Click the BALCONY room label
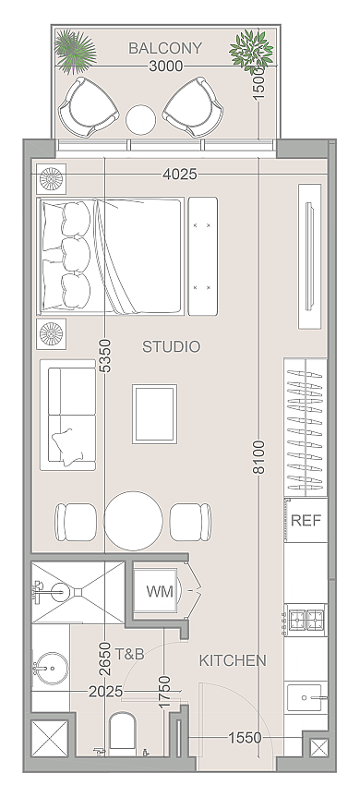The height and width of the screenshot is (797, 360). (165, 48)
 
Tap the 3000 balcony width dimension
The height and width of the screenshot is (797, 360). (166, 66)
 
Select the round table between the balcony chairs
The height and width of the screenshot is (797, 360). (140, 120)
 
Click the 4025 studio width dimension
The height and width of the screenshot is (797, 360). (180, 175)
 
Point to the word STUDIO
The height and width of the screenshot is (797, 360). (171, 346)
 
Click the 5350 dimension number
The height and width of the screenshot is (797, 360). (105, 356)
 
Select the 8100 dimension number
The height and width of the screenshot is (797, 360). (259, 457)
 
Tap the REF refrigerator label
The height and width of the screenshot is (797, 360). (306, 521)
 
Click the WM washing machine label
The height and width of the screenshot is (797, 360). (160, 591)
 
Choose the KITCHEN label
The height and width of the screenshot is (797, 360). (233, 660)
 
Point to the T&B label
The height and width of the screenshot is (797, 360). (129, 654)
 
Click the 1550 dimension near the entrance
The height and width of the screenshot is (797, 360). (245, 737)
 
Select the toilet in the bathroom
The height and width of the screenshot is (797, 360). (123, 731)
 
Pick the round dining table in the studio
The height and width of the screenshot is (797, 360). (134, 521)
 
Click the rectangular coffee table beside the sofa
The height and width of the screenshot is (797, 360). (155, 414)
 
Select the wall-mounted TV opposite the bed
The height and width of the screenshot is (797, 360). (309, 257)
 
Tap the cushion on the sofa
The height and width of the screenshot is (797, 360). (66, 446)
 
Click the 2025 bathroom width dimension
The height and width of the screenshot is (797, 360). (105, 692)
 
